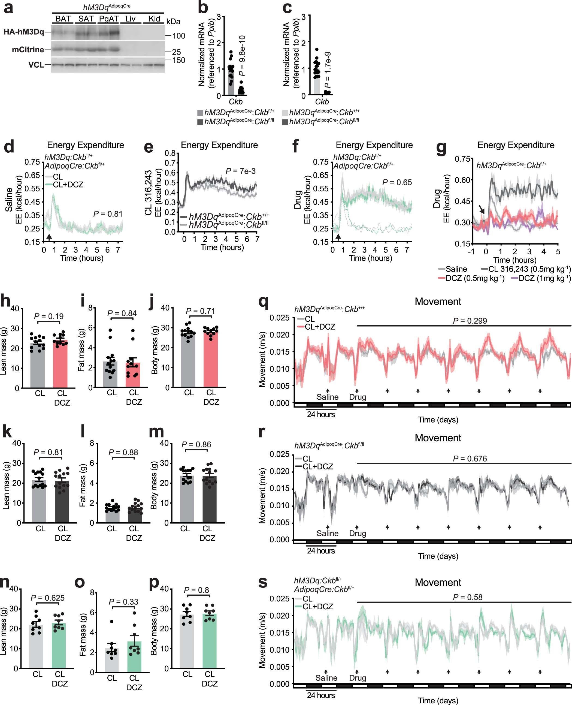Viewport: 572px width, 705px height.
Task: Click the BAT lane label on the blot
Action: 63,19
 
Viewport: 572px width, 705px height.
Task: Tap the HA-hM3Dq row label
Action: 24,32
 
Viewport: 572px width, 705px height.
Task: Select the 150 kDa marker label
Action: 178,60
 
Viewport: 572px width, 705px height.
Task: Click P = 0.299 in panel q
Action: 470,321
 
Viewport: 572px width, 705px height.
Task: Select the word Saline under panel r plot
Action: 327,533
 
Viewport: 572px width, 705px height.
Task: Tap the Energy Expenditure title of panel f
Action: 374,145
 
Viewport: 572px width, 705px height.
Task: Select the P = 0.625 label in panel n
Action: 47,598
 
